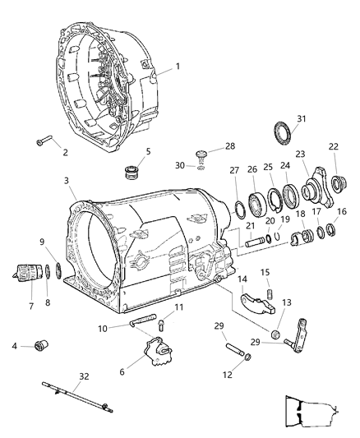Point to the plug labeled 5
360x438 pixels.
(x=127, y=172)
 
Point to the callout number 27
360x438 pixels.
(x=234, y=193)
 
